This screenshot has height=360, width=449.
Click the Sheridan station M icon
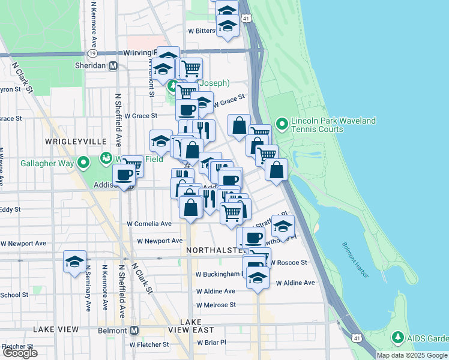113,65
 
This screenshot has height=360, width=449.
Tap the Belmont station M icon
134,330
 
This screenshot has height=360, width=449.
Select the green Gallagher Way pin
83,163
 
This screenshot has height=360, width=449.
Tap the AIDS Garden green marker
397,338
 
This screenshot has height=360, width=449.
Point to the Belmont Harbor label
357,259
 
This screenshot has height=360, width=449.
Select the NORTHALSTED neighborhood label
215,249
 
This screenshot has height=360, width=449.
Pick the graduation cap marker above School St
74,262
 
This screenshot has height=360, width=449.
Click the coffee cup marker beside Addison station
124,175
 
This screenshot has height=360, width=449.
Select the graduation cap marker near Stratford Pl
283,227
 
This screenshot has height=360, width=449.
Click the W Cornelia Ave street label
149,224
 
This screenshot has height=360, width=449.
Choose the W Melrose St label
216,305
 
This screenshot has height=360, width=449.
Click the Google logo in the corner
20,353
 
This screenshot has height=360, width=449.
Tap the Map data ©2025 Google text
412,355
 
